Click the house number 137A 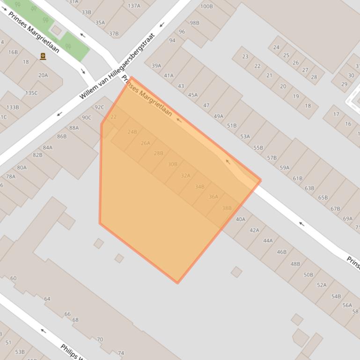pos(134,6)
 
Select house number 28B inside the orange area pos(159,153)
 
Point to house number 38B pos(227,208)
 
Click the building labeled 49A pos(219,116)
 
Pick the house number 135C pos(31,93)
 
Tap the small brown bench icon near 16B pos(43,57)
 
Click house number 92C pos(99,107)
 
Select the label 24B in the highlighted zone pos(132,132)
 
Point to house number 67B pos(335,209)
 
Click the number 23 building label pos(245,57)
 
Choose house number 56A pos(347,305)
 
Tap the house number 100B pos(206,7)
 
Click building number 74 pos(121,353)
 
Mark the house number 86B pos(62,137)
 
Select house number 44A pos(268,241)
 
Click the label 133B pos(13,107)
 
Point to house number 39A pos(156,66)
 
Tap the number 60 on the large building pos(13,278)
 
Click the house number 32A pos(186,175)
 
